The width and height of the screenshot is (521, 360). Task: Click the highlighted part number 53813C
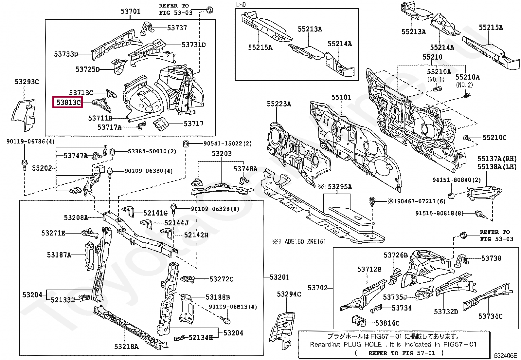[69, 102]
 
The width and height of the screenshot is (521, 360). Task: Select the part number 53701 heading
[131, 11]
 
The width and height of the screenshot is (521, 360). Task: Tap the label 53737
[177, 28]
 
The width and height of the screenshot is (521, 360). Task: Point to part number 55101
[341, 97]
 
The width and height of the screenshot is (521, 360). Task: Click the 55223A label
[279, 104]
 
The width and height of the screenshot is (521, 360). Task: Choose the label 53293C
[27, 82]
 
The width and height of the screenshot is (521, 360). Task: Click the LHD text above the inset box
[241, 5]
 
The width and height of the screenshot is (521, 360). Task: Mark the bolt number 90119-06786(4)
[30, 141]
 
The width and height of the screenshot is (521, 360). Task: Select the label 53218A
[126, 347]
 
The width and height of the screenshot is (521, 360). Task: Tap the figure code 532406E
[505, 355]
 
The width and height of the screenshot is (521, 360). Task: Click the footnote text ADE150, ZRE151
[305, 242]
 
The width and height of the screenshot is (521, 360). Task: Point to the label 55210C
[494, 138]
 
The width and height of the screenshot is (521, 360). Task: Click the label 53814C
[387, 323]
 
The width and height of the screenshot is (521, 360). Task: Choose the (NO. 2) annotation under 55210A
[464, 85]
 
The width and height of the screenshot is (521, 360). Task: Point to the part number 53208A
[76, 218]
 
